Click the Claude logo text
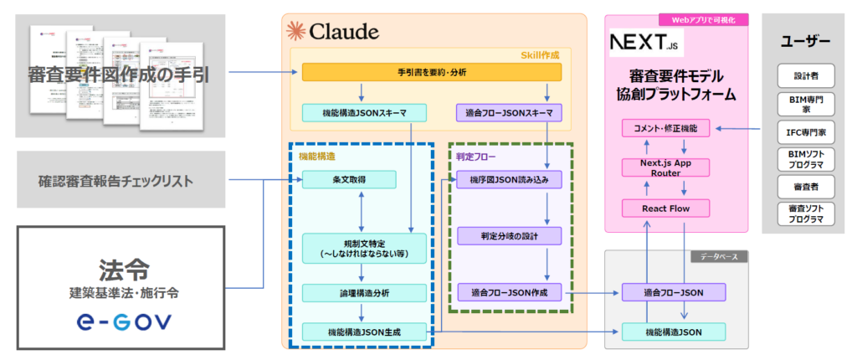[x=333, y=33]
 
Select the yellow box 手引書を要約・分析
[x=431, y=73]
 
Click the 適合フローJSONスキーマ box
[x=508, y=113]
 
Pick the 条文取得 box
[x=360, y=179]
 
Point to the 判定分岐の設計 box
[x=509, y=236]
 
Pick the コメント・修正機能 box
[x=666, y=129]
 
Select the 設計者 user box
[x=806, y=75]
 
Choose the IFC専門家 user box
[x=806, y=131]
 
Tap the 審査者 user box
[x=806, y=185]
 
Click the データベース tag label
[x=717, y=257]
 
